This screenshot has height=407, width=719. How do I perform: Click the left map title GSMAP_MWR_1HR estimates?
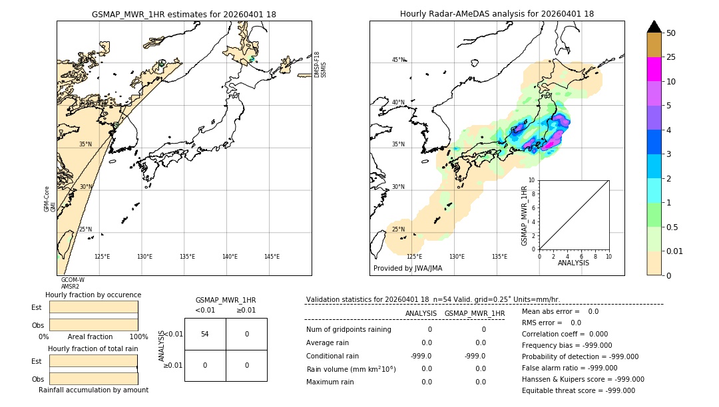click(184, 14)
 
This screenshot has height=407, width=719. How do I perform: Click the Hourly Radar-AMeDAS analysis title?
click(497, 14)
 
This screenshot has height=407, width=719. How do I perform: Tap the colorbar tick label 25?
click(671, 57)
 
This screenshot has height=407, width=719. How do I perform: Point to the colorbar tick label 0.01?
click(675, 251)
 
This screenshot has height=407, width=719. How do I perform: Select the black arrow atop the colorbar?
click(654, 27)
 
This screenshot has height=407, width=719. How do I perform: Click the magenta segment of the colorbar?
click(654, 69)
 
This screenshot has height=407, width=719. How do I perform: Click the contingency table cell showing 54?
click(205, 334)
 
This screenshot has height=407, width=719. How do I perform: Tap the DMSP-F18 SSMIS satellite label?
click(320, 65)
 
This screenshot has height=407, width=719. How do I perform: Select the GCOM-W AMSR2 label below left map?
click(73, 283)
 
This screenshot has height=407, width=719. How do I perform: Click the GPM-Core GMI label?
click(50, 199)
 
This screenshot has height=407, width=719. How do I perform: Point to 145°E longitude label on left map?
click(272, 257)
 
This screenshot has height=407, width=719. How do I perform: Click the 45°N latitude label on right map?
click(398, 60)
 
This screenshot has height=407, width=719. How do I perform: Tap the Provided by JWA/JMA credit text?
click(407, 269)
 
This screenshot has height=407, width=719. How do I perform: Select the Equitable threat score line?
click(578, 390)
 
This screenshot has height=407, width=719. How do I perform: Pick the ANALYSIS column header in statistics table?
click(421, 313)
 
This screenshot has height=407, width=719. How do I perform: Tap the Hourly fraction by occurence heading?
click(93, 295)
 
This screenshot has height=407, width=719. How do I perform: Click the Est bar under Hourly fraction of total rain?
click(93, 361)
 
